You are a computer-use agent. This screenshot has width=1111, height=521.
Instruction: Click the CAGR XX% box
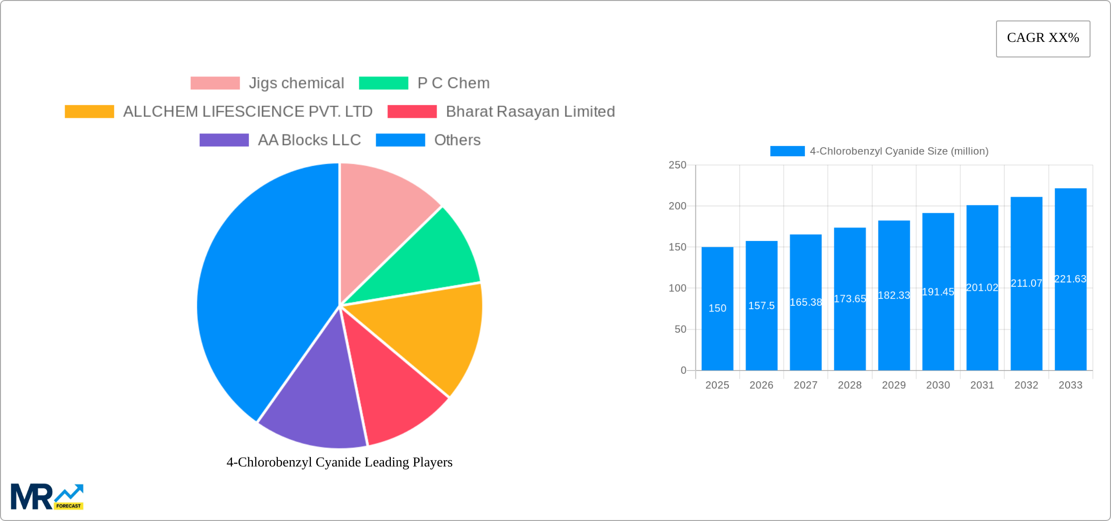(1043, 38)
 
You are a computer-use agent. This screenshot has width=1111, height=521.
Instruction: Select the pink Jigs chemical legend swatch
(215, 83)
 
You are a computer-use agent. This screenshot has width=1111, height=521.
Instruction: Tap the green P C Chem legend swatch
(383, 83)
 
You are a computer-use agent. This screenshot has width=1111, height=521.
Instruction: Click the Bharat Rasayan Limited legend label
(530, 112)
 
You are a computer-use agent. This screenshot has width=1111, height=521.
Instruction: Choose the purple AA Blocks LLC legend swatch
(224, 140)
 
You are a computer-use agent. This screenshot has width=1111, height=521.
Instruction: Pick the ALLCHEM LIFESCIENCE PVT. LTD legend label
(248, 112)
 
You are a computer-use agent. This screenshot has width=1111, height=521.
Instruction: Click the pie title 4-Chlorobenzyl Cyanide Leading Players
(339, 462)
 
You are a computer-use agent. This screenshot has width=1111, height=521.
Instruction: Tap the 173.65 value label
(850, 299)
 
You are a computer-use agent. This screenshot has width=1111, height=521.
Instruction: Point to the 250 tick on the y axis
(677, 165)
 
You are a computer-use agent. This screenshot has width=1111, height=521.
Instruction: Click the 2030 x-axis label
(938, 385)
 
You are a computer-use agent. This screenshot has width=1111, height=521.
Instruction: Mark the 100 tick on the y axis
(677, 288)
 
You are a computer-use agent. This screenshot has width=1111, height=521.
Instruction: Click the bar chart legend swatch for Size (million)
(787, 151)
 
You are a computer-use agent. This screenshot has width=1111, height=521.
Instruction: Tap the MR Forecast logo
(47, 497)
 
